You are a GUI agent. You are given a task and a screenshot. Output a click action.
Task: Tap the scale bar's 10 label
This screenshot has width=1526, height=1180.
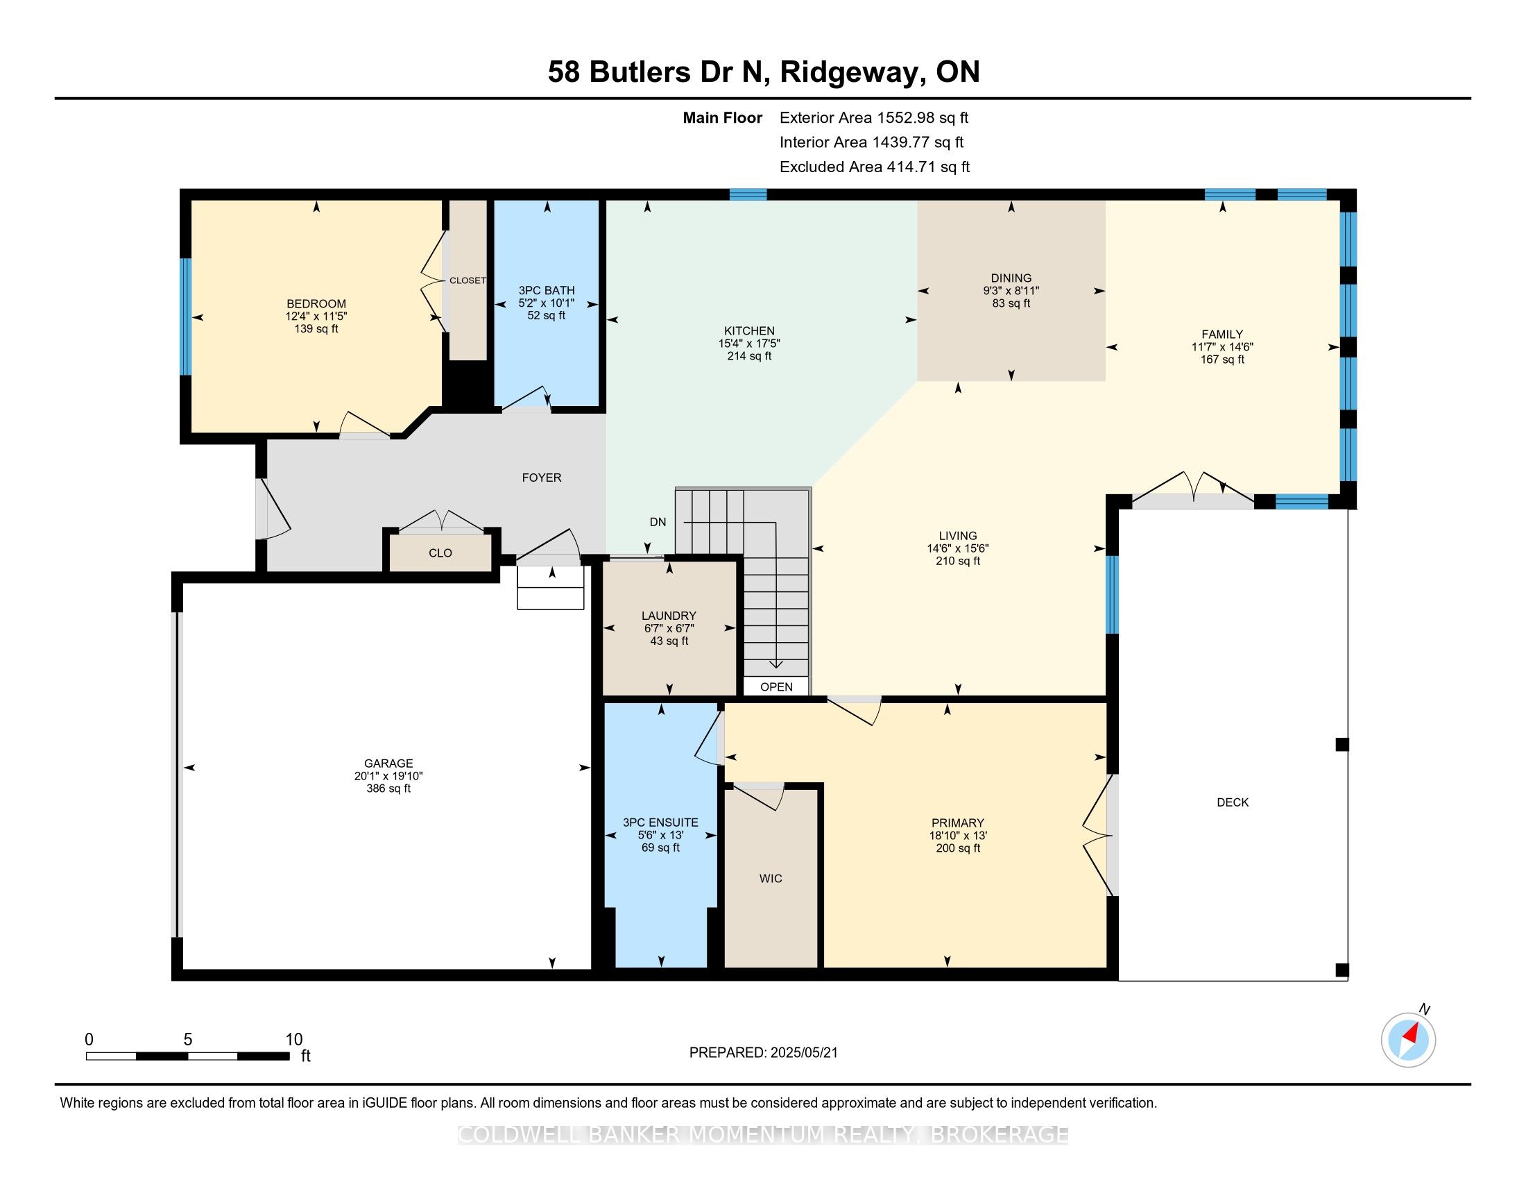click(294, 1040)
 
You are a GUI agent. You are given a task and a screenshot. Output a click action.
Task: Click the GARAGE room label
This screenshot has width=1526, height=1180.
click(388, 764)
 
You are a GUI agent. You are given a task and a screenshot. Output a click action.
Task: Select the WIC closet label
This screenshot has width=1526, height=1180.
click(771, 878)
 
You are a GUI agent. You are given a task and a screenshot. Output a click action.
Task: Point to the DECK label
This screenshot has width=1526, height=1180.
click(1233, 802)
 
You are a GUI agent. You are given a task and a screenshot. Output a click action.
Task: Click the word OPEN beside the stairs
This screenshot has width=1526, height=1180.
click(776, 686)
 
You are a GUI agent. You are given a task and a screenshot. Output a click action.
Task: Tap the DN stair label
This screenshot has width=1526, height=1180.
click(658, 522)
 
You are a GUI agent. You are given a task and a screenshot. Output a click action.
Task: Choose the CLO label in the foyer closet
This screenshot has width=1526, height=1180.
click(440, 553)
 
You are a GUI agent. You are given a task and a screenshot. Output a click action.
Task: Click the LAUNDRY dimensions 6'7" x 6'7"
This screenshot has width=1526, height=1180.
click(669, 628)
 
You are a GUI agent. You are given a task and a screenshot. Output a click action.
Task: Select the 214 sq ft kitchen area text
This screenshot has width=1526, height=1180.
click(749, 356)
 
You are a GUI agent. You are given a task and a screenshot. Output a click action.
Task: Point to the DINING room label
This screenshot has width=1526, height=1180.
click(1011, 278)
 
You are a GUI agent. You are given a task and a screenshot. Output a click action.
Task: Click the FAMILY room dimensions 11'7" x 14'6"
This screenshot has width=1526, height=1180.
click(1222, 347)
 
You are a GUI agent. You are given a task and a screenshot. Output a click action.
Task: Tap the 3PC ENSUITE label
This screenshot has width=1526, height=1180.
click(660, 823)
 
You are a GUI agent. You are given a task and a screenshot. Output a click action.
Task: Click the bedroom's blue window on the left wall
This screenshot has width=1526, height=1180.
click(186, 317)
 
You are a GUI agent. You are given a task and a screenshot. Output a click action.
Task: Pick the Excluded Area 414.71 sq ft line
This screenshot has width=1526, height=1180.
click(875, 167)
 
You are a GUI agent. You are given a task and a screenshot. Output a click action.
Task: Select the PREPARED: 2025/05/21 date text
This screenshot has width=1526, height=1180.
click(763, 1053)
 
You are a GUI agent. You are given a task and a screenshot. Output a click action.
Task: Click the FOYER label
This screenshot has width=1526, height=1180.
click(542, 478)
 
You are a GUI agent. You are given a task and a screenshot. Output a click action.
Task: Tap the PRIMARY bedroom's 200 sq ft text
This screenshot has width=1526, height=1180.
click(958, 848)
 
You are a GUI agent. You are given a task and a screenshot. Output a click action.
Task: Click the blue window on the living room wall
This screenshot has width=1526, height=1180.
click(1112, 594)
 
